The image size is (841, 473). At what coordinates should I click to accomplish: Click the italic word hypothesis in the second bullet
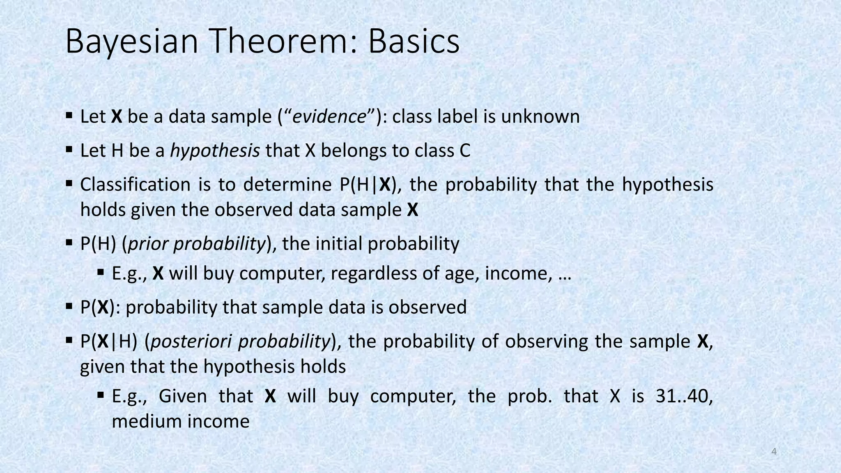pos(215,151)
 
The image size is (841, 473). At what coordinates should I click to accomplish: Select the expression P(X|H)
pos(108,342)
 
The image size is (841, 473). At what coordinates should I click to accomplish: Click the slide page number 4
pos(774,452)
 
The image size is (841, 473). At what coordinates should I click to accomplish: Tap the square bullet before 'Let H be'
pos(69,149)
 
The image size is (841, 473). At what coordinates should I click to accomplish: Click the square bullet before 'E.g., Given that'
pos(101,395)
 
